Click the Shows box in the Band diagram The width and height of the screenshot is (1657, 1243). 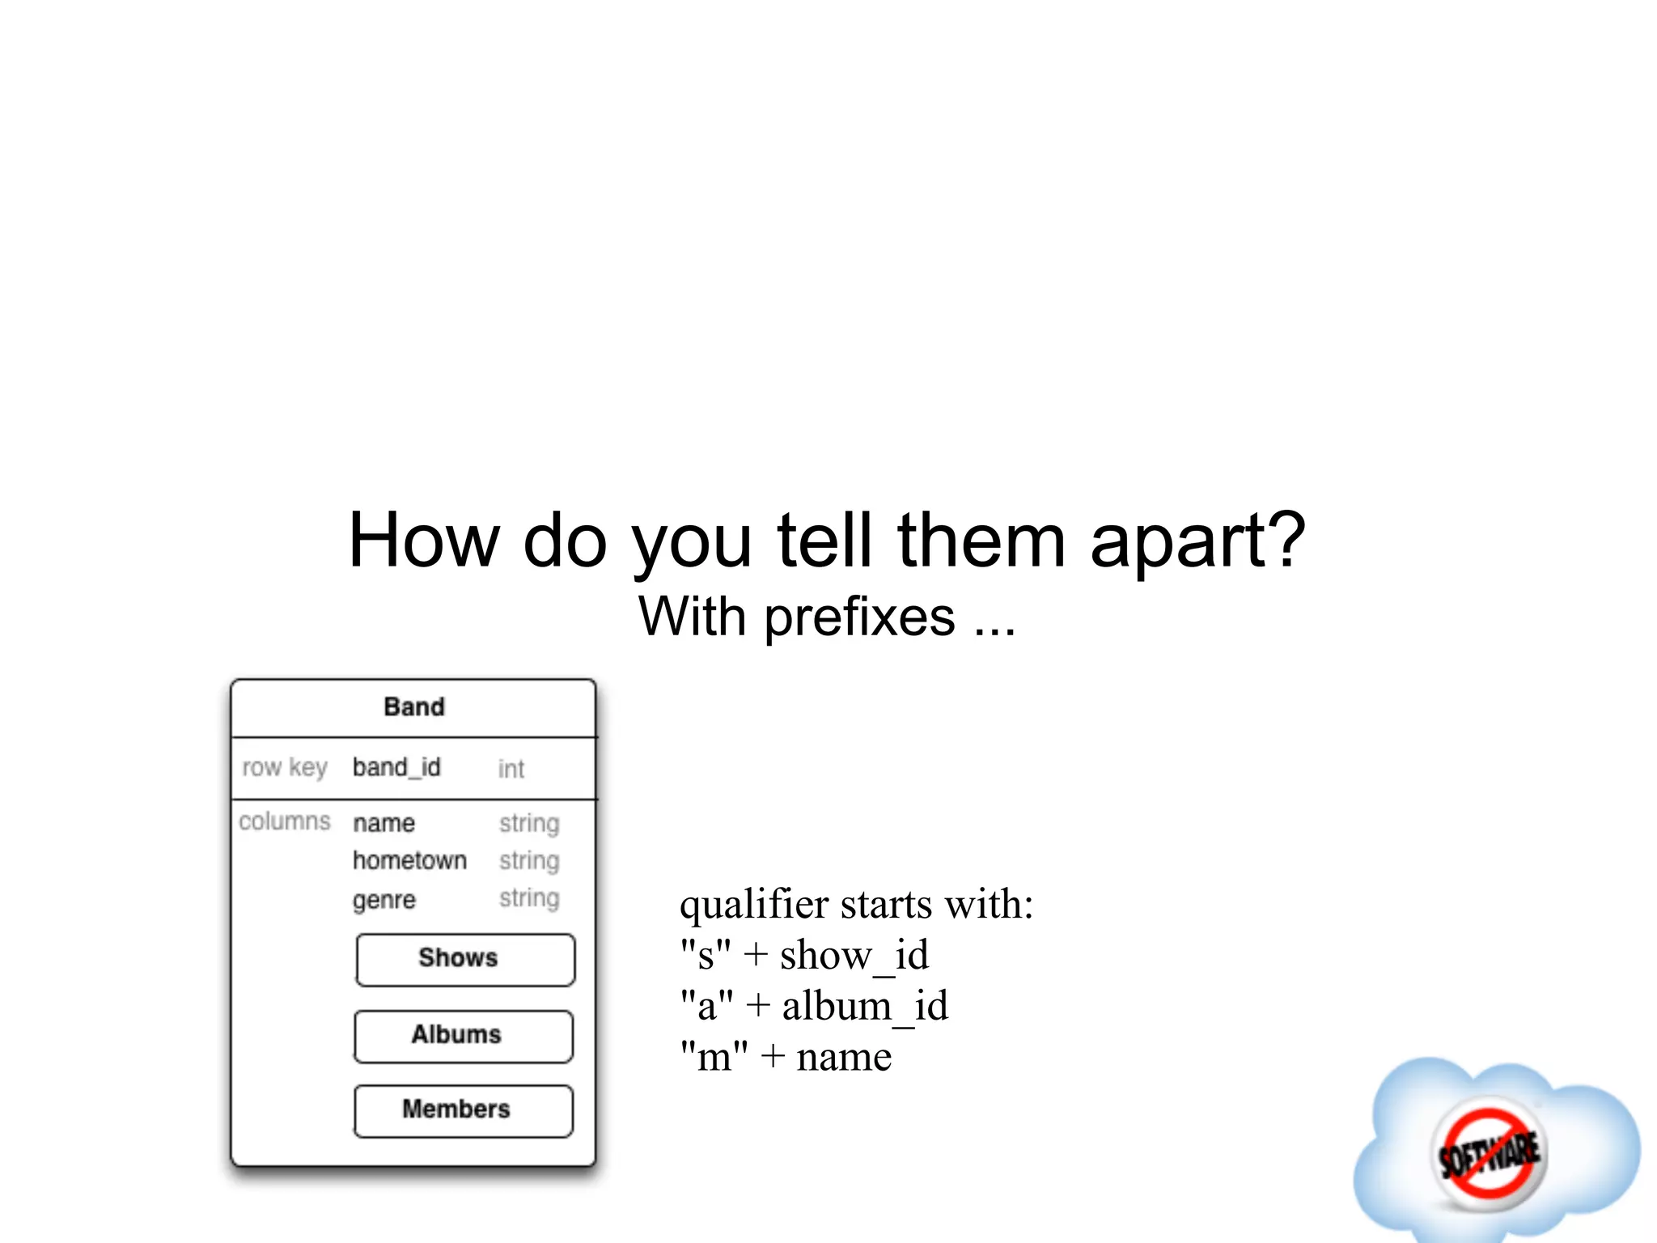[465, 960]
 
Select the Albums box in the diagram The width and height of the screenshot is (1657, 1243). [464, 1036]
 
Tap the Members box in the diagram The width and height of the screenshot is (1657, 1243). [464, 1110]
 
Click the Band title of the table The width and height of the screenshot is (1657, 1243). [413, 707]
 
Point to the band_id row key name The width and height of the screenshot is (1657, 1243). [396, 767]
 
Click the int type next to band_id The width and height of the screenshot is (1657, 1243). [511, 769]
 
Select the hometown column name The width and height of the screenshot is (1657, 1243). [409, 860]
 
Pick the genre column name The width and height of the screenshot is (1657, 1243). [384, 900]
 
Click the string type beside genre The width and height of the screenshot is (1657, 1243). [529, 898]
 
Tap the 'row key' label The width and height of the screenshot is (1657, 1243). [285, 767]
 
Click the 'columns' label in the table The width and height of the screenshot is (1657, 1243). [285, 821]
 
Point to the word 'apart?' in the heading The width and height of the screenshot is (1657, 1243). [1197, 541]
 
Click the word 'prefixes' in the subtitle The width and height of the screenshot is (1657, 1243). [859, 618]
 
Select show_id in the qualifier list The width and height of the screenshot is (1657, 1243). [854, 956]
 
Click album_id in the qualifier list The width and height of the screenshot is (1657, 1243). [864, 1007]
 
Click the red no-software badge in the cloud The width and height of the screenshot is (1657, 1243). [1489, 1154]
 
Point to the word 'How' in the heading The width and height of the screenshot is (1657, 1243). [424, 541]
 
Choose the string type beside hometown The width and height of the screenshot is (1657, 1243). [529, 860]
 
